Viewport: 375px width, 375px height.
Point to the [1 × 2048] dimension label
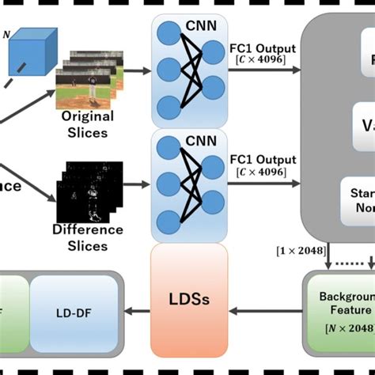(x=299, y=250)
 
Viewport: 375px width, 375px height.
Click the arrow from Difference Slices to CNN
(x=134, y=187)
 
